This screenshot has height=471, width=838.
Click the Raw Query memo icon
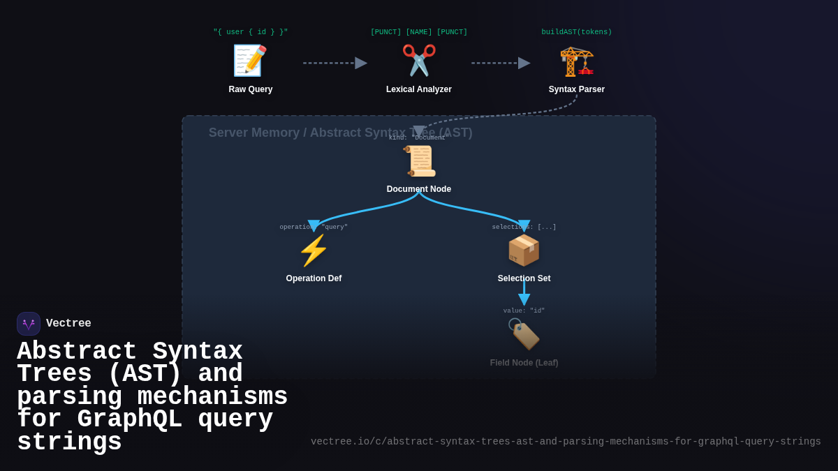(250, 61)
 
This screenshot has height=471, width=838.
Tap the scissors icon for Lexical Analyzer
(419, 61)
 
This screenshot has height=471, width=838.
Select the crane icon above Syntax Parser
(577, 61)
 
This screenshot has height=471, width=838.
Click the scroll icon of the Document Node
(419, 161)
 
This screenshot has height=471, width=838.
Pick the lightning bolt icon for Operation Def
(314, 251)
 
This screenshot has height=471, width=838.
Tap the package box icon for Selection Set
(524, 251)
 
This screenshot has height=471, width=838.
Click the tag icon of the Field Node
(524, 335)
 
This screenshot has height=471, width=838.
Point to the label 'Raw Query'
(251, 89)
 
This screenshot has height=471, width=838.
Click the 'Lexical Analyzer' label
(419, 89)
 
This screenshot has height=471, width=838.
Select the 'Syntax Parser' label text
(577, 89)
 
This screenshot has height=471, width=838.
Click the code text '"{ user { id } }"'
(251, 32)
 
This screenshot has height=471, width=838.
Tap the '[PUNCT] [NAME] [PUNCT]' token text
(419, 32)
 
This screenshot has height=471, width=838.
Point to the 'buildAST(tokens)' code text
(577, 32)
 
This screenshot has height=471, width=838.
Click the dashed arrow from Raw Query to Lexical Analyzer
(335, 63)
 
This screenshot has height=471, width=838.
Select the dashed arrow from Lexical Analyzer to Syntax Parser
(500, 63)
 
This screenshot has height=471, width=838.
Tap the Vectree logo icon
(29, 324)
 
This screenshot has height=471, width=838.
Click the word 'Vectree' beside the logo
(68, 324)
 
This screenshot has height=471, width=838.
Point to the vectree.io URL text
(566, 442)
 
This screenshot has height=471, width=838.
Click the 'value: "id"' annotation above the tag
(524, 311)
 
